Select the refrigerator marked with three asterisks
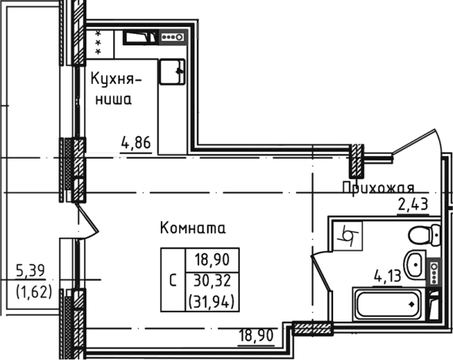[99, 42]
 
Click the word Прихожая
[378, 188]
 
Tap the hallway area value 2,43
[411, 204]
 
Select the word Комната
[192, 228]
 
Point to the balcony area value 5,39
[31, 272]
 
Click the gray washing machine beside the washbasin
[435, 274]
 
